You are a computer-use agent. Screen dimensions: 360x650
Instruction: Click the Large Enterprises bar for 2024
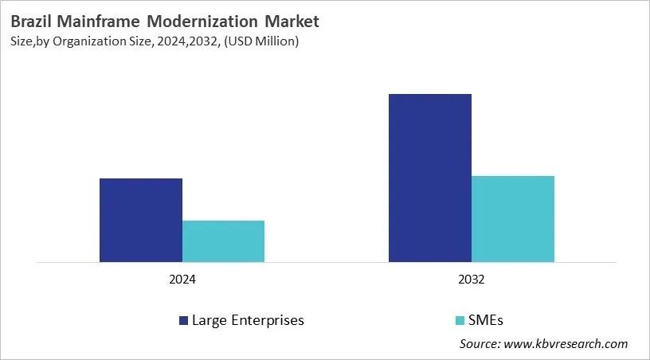pos(140,220)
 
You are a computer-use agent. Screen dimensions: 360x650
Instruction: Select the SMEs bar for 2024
pos(223,241)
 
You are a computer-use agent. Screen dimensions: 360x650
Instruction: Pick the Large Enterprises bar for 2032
pos(430,178)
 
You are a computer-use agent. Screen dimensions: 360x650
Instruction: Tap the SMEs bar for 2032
pos(513,218)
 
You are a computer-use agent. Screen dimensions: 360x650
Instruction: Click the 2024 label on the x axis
pos(182,281)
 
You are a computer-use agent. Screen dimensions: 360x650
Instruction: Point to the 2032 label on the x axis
pos(472,281)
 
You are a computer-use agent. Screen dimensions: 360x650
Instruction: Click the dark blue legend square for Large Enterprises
pos(184,321)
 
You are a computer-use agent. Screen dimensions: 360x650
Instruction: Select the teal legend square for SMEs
pos(458,321)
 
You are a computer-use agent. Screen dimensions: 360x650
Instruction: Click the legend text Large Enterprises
pos(248,321)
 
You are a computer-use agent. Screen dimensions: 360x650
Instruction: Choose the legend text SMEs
pos(486,321)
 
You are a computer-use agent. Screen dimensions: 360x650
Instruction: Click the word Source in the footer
pos(478,344)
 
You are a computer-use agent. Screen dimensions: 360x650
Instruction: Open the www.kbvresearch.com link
pos(566,344)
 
